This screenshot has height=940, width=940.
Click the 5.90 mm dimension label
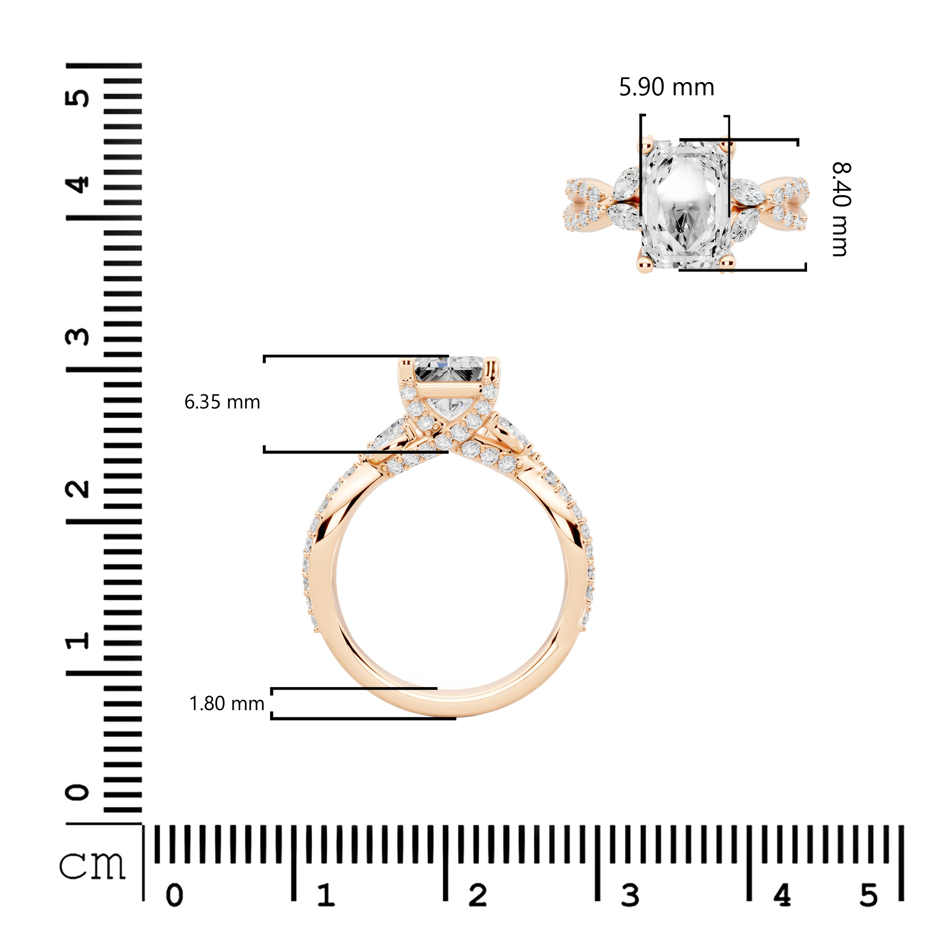point(666,88)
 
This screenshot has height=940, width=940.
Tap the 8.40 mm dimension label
point(841,209)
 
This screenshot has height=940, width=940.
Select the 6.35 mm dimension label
point(222,402)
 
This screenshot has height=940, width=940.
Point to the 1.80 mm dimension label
point(227,704)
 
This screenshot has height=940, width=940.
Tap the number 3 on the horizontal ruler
point(630,896)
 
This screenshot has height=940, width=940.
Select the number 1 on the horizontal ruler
point(326,895)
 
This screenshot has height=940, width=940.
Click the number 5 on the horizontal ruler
point(869,896)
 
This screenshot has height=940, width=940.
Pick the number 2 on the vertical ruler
point(77,489)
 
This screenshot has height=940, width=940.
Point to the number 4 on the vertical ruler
point(77,185)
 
